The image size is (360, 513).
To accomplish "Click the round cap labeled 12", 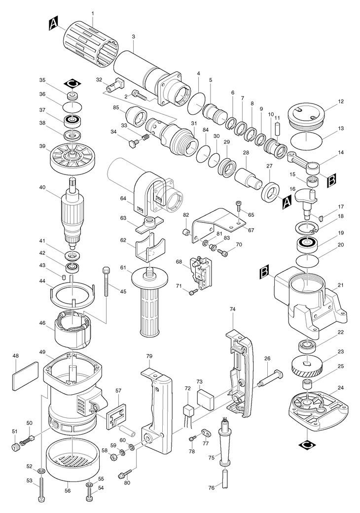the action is pos(305,115).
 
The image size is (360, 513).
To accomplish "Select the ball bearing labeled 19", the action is pos(308,244).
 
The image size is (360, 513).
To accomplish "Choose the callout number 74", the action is pos(233,309).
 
